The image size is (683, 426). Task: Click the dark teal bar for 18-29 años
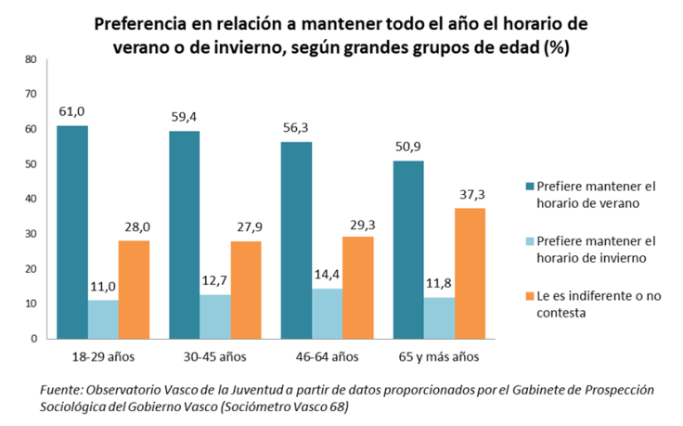[x=71, y=232]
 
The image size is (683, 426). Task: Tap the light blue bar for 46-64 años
[x=328, y=313]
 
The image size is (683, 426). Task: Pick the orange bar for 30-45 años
[x=246, y=290]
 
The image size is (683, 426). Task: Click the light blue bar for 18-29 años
[x=103, y=318]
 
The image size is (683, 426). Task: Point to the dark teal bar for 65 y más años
[x=408, y=250]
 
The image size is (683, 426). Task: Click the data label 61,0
[x=71, y=111]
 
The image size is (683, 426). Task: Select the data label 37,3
[x=470, y=194]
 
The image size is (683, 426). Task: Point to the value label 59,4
[x=184, y=117]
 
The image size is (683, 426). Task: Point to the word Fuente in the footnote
[x=60, y=390]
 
